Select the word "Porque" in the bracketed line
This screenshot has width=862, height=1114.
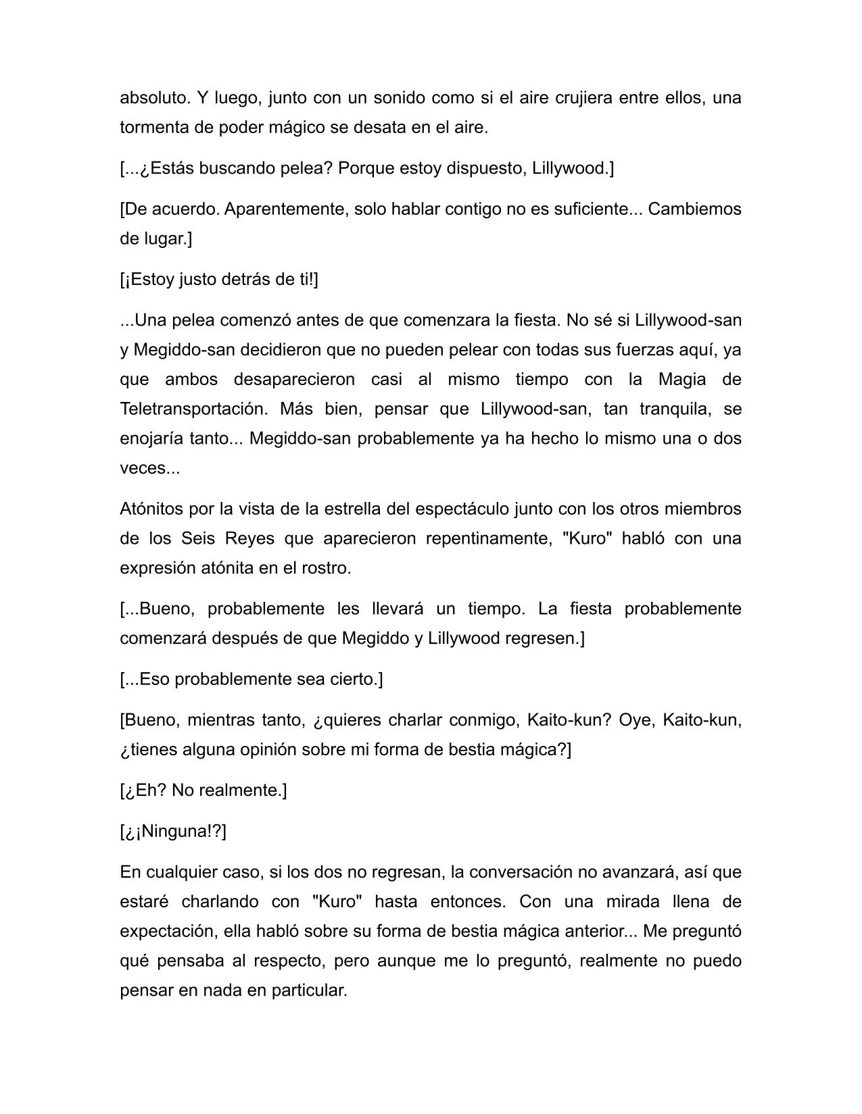point(366,168)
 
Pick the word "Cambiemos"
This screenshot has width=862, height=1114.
point(694,209)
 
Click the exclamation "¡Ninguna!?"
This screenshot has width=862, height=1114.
point(174,831)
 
